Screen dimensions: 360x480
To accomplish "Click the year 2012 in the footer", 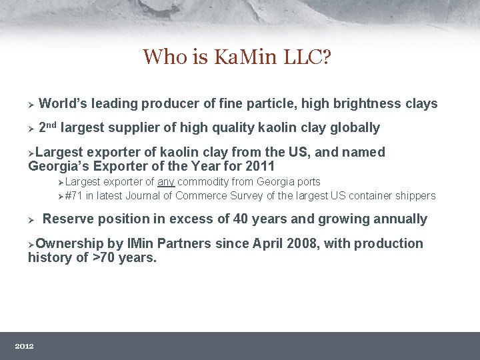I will click(24, 346).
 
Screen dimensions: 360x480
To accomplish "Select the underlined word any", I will click(166, 181).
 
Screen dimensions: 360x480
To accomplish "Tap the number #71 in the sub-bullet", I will click(73, 195).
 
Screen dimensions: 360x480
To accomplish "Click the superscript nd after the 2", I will click(52, 124).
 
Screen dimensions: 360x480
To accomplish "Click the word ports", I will click(307, 181).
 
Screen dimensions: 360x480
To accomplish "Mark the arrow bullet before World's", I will click(31, 104).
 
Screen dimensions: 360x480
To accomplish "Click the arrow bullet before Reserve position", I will click(31, 219).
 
